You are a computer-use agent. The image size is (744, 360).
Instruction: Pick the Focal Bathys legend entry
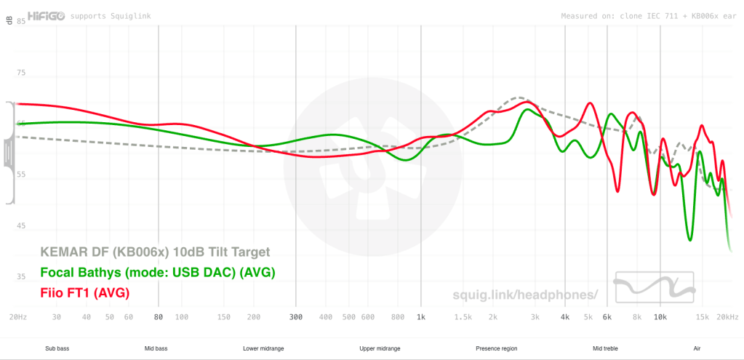[158, 273]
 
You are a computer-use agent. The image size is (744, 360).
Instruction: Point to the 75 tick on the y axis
[21, 72]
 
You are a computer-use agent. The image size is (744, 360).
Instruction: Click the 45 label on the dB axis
[21, 225]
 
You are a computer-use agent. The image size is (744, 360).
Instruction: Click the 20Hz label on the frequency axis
[18, 317]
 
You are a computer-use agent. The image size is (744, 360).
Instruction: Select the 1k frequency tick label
[420, 317]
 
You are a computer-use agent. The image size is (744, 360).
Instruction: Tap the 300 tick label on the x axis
[295, 317]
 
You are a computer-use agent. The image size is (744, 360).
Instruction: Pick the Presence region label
[496, 349]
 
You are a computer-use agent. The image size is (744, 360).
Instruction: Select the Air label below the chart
[697, 349]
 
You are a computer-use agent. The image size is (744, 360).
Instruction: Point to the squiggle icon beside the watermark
[653, 288]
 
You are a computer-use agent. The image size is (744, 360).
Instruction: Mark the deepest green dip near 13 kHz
[689, 239]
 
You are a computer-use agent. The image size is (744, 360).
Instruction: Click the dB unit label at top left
[10, 21]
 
